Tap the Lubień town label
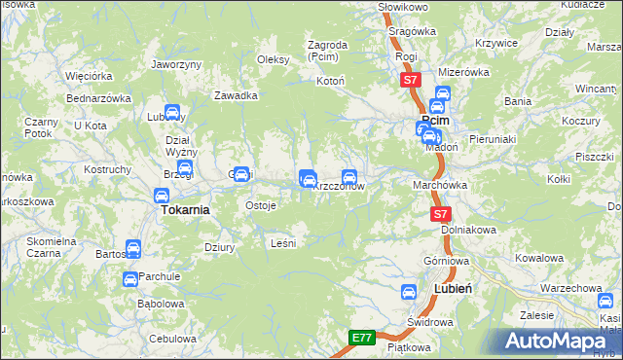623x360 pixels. point(452,290)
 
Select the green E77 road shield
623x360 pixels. point(362,338)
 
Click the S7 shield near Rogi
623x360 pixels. point(410,81)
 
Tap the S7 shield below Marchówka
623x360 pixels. point(441,214)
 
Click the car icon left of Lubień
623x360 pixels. point(411,291)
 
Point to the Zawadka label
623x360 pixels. point(236,95)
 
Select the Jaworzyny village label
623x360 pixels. point(176,64)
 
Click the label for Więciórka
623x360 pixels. point(85,75)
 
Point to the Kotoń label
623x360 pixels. point(330,81)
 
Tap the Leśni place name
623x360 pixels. point(281,243)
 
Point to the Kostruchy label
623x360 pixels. point(107,170)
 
